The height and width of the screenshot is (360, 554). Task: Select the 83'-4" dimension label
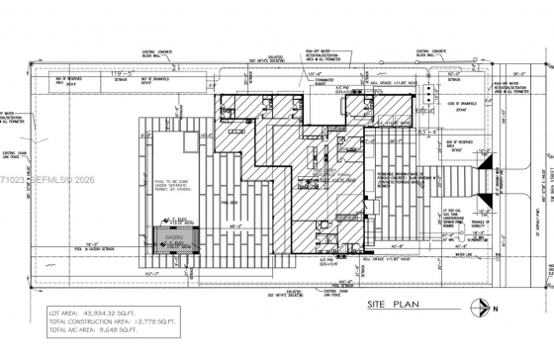coord(400,131)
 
